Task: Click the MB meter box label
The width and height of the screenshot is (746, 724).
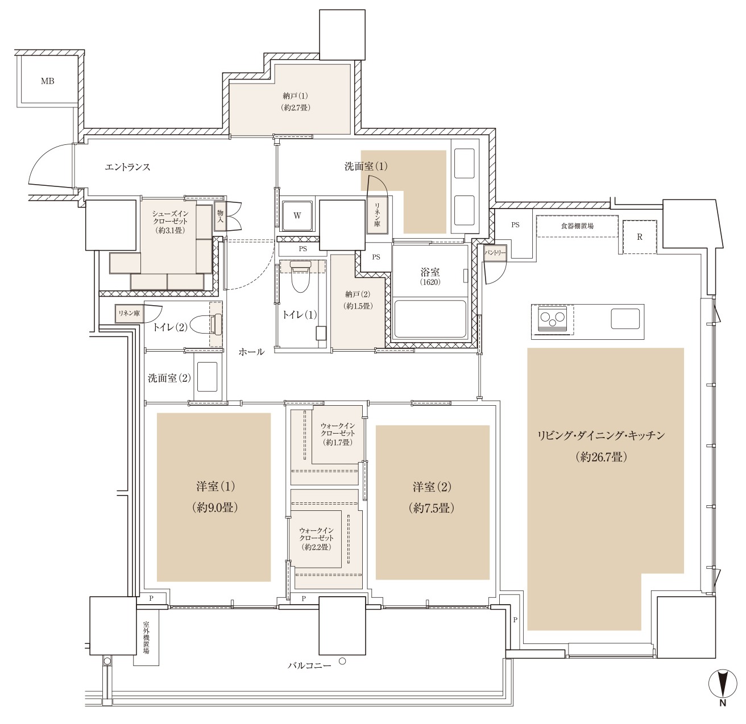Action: pos(48,81)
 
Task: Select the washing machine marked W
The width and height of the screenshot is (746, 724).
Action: pos(297,216)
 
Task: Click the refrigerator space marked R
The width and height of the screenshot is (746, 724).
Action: pos(640,237)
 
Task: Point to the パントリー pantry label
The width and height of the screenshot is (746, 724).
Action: pos(495,253)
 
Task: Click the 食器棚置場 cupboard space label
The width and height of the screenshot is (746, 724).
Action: pos(577,226)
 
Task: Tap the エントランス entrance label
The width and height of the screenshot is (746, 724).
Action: pos(128,167)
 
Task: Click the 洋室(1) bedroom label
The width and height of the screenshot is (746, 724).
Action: pos(216,486)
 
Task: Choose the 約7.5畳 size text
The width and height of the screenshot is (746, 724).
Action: pos(432,508)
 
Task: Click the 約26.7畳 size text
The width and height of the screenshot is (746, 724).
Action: pos(601,457)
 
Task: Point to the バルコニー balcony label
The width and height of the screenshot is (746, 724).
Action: pos(309,665)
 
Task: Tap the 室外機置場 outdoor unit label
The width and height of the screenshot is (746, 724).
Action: pos(147,638)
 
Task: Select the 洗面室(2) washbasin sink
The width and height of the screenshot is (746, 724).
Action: pos(207,377)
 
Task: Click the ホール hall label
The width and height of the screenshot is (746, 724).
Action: pos(251,352)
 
